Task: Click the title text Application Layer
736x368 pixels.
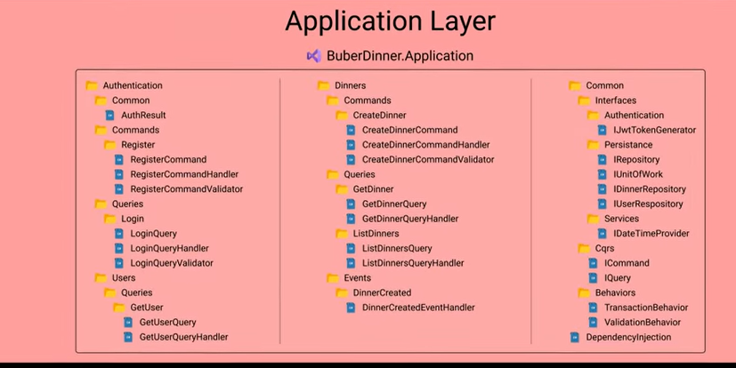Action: click(x=390, y=22)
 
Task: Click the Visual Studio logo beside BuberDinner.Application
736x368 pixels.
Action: click(x=314, y=56)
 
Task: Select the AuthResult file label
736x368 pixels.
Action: click(x=143, y=115)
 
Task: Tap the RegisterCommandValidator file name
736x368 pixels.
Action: click(x=186, y=189)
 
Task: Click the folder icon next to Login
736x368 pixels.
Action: click(x=109, y=219)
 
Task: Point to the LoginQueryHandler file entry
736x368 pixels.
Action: click(x=169, y=248)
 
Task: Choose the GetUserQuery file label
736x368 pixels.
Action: click(x=167, y=322)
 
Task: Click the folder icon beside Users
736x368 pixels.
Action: click(x=101, y=277)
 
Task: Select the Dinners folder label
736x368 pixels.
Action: click(x=350, y=85)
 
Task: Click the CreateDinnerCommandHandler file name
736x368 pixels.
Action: click(x=425, y=144)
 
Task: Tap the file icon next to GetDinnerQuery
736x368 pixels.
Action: click(x=351, y=204)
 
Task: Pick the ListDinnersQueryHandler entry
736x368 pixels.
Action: click(x=413, y=263)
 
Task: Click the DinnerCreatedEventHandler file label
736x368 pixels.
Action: click(x=418, y=307)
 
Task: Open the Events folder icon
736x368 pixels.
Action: click(x=333, y=277)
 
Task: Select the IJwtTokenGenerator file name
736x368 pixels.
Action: click(x=655, y=130)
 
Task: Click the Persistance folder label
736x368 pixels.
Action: click(x=628, y=144)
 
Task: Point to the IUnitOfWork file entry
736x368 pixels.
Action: click(x=638, y=174)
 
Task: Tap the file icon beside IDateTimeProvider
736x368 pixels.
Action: click(x=603, y=234)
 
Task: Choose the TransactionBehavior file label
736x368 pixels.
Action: click(x=646, y=307)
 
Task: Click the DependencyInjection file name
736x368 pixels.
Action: click(x=628, y=337)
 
